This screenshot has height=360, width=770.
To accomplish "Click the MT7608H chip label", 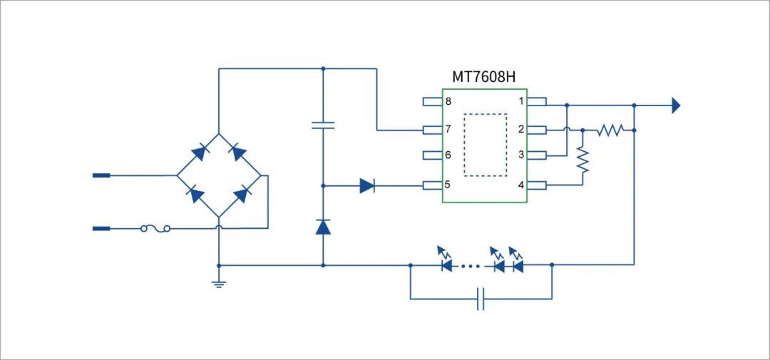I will click(484, 77).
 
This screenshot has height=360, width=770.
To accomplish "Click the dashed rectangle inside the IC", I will click(485, 144).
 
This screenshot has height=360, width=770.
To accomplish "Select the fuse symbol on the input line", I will click(155, 229).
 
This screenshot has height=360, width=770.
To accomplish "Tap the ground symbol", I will click(218, 283).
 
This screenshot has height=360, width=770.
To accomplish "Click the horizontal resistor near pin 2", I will click(610, 130).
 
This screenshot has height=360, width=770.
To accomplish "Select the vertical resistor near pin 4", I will click(582, 161).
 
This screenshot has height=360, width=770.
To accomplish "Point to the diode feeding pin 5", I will click(366, 186).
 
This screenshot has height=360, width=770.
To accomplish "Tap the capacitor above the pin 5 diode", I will click(323, 125).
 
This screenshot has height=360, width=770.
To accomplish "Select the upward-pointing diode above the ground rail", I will click(323, 227).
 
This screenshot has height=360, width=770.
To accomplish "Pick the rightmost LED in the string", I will click(517, 264).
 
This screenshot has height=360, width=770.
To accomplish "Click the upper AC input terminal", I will click(101, 175).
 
